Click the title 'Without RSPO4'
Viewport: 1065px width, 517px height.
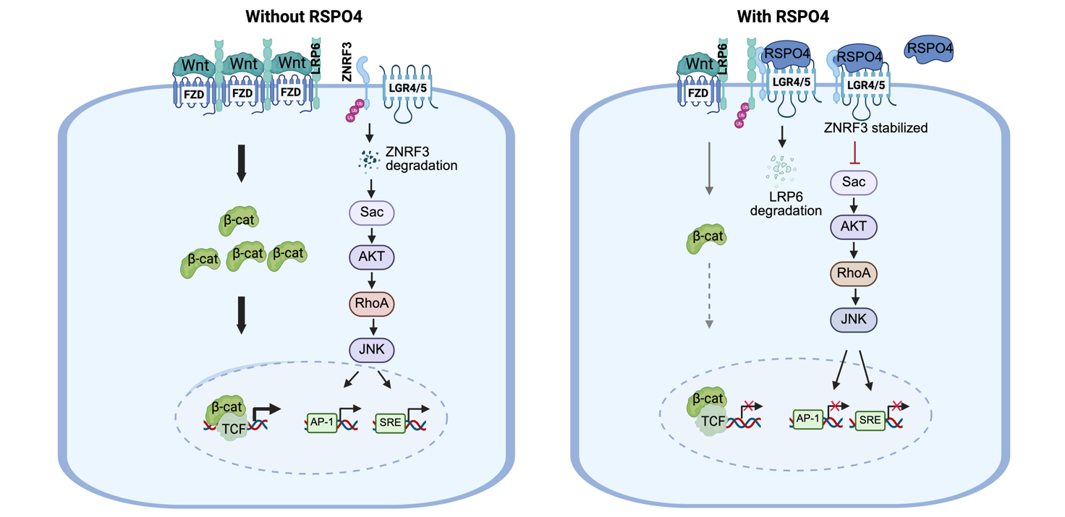coord(304,17)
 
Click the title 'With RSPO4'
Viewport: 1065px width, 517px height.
coord(783,17)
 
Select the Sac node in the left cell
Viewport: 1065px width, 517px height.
coord(372,213)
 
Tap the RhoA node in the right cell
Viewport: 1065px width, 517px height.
coord(854,273)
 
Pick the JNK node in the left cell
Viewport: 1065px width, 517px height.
coord(372,350)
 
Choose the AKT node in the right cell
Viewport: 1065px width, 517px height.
coord(854,226)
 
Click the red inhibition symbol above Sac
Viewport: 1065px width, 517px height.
coord(855,153)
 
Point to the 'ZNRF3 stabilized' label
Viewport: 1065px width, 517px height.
coord(875,128)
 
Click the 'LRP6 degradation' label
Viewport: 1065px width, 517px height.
coord(786,204)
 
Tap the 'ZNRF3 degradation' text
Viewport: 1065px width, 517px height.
coord(421,158)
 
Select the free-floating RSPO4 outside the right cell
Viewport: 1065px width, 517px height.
coord(929,48)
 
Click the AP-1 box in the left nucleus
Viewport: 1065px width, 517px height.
coord(322,422)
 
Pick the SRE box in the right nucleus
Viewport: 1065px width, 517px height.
coord(870,421)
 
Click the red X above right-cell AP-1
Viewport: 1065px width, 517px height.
coord(834,406)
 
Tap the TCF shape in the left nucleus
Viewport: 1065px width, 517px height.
coord(234,429)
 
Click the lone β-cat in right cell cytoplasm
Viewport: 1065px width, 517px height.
coord(707,238)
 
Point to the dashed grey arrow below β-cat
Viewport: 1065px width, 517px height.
coord(709,295)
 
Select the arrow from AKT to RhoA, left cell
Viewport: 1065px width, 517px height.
coord(372,280)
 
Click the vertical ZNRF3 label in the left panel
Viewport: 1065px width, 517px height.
coord(347,61)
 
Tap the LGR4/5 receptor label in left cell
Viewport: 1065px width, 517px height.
coord(407,88)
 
